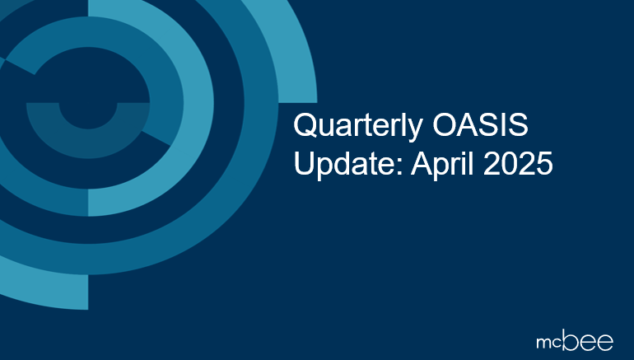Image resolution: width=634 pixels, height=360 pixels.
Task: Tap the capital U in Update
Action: click(304, 163)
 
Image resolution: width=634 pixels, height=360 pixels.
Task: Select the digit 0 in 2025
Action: click(510, 163)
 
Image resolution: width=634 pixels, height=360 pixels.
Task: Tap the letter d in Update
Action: click(339, 163)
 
